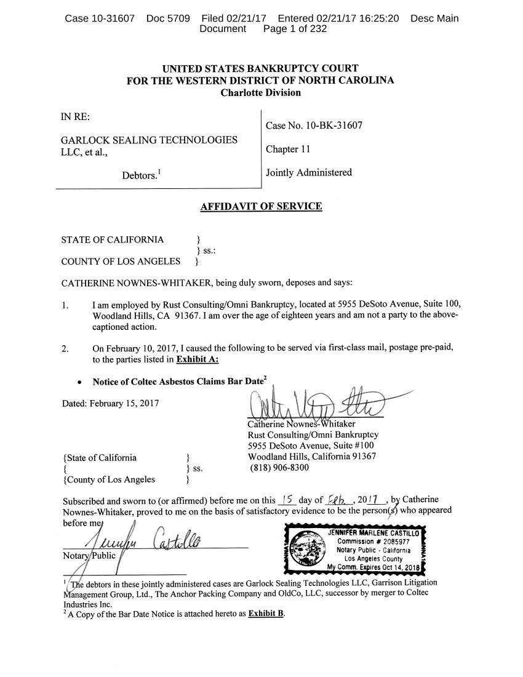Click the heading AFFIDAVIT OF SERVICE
coord(261,206)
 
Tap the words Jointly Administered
coord(309,172)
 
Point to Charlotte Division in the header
coord(261,92)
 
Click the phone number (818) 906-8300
coord(279,467)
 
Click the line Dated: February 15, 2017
coord(110,404)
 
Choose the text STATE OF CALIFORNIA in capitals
coord(113,239)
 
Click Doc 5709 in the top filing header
coord(169,18)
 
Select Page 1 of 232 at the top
coord(295,29)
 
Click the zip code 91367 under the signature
coord(362,456)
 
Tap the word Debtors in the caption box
coord(138,175)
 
